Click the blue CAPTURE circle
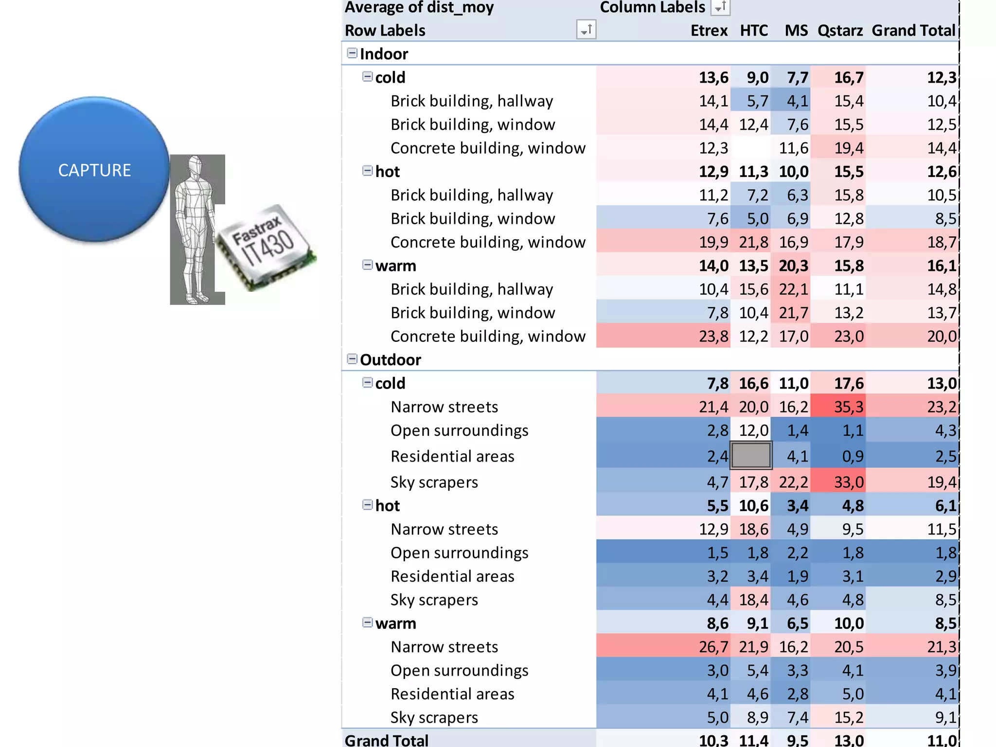94,169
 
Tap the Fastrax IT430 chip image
265,247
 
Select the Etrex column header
709,31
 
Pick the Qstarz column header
840,31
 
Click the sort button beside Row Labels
586,30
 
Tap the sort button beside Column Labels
720,7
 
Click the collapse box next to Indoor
352,53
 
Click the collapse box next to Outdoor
352,359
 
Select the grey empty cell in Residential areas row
751,456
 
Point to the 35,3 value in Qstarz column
849,407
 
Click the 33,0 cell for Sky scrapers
849,482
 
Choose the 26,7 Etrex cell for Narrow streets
713,647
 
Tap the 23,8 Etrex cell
713,336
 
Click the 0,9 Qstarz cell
853,456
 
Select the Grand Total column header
913,31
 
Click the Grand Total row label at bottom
387,740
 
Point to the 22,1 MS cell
793,289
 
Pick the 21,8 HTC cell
753,242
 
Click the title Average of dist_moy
419,7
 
